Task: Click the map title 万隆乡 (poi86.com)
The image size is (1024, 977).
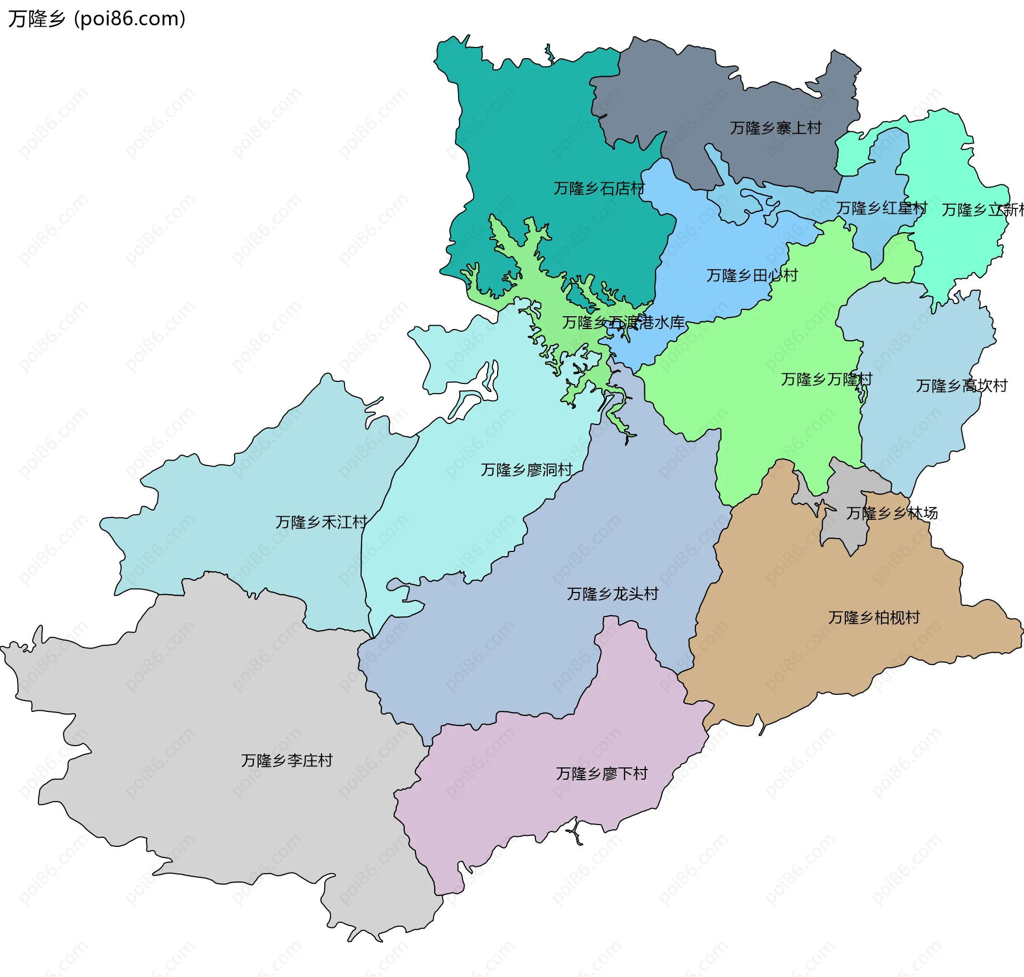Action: tap(97, 19)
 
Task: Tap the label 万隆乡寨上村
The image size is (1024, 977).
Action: tap(775, 128)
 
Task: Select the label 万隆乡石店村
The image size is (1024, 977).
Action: tap(599, 188)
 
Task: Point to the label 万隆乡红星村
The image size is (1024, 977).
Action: tap(882, 208)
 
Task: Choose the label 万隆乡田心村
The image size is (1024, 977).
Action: tap(752, 275)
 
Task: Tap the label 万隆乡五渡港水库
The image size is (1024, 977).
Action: tap(623, 322)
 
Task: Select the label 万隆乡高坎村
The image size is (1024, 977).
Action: tap(962, 386)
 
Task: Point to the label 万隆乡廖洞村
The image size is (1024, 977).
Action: tap(526, 469)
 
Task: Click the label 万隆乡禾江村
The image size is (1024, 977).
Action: tap(321, 522)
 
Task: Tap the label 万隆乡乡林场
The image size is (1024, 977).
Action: tap(892, 513)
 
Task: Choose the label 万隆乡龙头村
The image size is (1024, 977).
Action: tap(613, 594)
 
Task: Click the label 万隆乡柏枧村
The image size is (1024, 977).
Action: tap(874, 617)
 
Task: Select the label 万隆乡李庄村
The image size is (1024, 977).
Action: tap(287, 760)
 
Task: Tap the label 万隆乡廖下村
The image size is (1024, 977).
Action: tap(602, 773)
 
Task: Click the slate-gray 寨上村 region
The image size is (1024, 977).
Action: tap(693, 96)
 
